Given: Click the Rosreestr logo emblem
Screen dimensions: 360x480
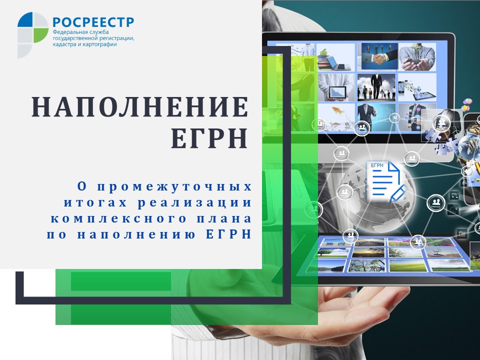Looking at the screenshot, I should click(x=33, y=28).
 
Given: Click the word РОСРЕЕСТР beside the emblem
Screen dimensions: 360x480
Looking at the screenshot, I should click(x=93, y=22).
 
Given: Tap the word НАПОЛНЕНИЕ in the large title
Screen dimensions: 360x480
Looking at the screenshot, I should click(x=140, y=107).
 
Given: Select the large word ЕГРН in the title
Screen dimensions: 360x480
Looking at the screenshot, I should click(x=209, y=139).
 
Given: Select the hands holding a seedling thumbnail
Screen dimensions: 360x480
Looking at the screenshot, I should click(x=417, y=56).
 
